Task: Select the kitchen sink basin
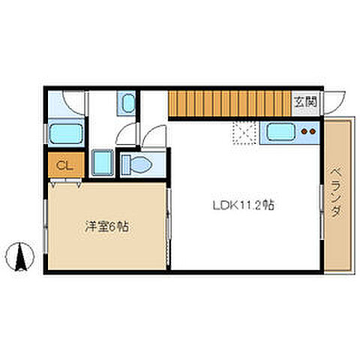(x=282, y=133)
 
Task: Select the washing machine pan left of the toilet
(x=102, y=162)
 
